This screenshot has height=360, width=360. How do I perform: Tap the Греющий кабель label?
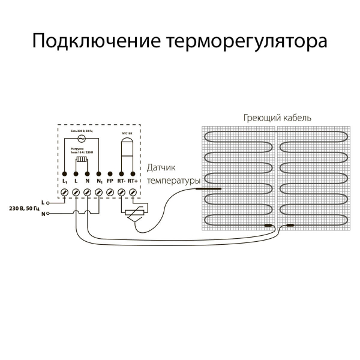[277, 118]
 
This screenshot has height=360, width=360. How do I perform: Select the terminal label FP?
[110, 181]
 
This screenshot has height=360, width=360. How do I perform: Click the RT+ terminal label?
[133, 181]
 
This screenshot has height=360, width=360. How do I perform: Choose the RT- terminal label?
[121, 181]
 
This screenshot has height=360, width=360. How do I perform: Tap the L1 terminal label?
[65, 181]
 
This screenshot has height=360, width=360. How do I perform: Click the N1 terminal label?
[99, 181]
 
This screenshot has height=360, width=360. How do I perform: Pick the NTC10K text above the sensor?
[127, 131]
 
